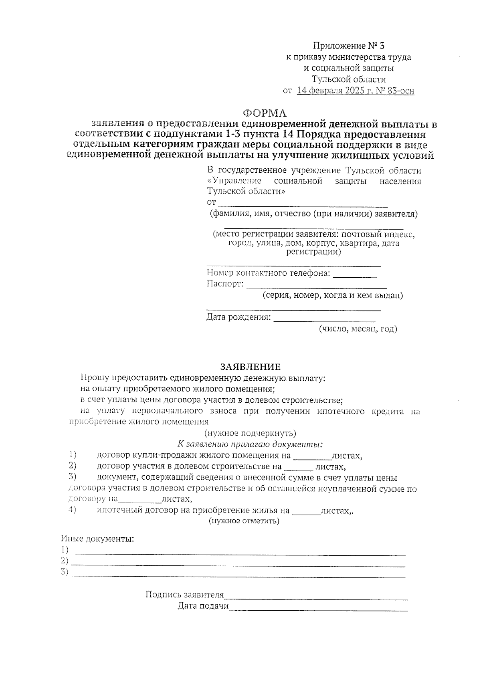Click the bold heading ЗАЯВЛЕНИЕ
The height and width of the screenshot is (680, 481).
pyautogui.click(x=251, y=367)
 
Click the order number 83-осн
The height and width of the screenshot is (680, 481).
pyautogui.click(x=400, y=91)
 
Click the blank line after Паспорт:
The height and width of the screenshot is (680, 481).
pyautogui.click(x=316, y=286)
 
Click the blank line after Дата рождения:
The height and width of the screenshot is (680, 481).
pyautogui.click(x=324, y=319)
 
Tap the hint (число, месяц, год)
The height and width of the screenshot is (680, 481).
pyautogui.click(x=358, y=329)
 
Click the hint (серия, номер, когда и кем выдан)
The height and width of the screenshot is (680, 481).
pyautogui.click(x=332, y=296)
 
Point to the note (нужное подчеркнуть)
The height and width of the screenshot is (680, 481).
pyautogui.click(x=250, y=433)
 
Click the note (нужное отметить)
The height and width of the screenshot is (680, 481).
pyautogui.click(x=244, y=521)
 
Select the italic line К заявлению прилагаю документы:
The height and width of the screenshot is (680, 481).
pyautogui.click(x=250, y=444)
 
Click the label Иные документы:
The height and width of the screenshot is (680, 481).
pyautogui.click(x=97, y=539)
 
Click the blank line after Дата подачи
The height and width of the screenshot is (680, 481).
pyautogui.click(x=318, y=608)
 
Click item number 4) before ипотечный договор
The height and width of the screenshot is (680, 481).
pyautogui.click(x=72, y=510)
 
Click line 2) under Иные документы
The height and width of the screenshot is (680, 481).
pyautogui.click(x=238, y=564)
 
